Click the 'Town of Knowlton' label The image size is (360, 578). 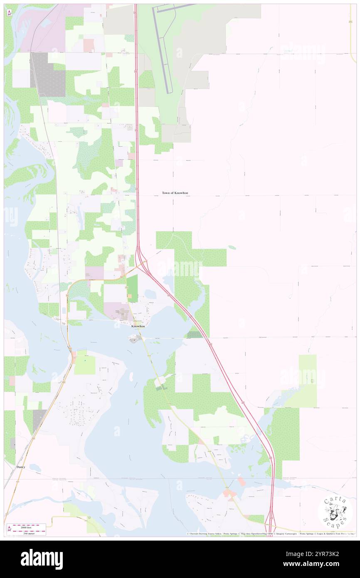(175, 193)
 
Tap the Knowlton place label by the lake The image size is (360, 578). (138, 326)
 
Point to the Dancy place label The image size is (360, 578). (21, 467)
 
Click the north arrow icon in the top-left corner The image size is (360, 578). (9, 13)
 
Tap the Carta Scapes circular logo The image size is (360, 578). (335, 512)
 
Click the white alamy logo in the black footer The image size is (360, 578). (42, 559)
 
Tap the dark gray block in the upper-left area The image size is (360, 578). (48, 74)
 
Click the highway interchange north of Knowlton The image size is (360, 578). (142, 264)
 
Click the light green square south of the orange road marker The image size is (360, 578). (85, 365)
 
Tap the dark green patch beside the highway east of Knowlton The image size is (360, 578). (194, 334)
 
